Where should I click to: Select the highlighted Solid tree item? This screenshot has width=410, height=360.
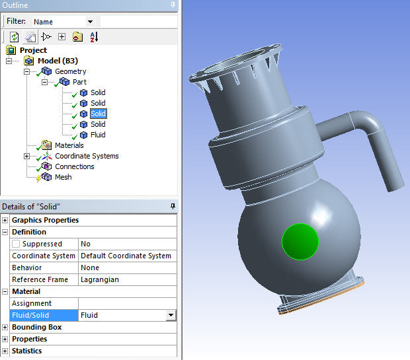[98, 114]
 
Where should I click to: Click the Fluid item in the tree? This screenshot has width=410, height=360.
[98, 135]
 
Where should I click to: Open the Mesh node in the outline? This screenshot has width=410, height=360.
[63, 177]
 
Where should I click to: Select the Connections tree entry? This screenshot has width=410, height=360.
[74, 166]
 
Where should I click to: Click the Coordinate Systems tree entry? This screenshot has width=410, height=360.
[87, 156]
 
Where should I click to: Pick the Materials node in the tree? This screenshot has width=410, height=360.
[69, 145]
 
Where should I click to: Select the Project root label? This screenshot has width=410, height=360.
[33, 50]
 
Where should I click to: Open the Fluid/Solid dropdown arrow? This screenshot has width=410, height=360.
[171, 316]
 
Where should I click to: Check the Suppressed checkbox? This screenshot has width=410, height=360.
[16, 244]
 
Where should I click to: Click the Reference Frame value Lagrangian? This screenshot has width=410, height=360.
[99, 279]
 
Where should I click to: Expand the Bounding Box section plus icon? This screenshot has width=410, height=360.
[5, 327]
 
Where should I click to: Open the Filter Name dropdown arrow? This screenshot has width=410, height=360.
[90, 22]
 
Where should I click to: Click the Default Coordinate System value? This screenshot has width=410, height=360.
[126, 256]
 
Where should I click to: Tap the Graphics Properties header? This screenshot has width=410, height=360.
[45, 220]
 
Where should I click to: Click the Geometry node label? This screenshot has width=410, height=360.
[70, 71]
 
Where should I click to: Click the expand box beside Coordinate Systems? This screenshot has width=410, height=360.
[26, 157]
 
